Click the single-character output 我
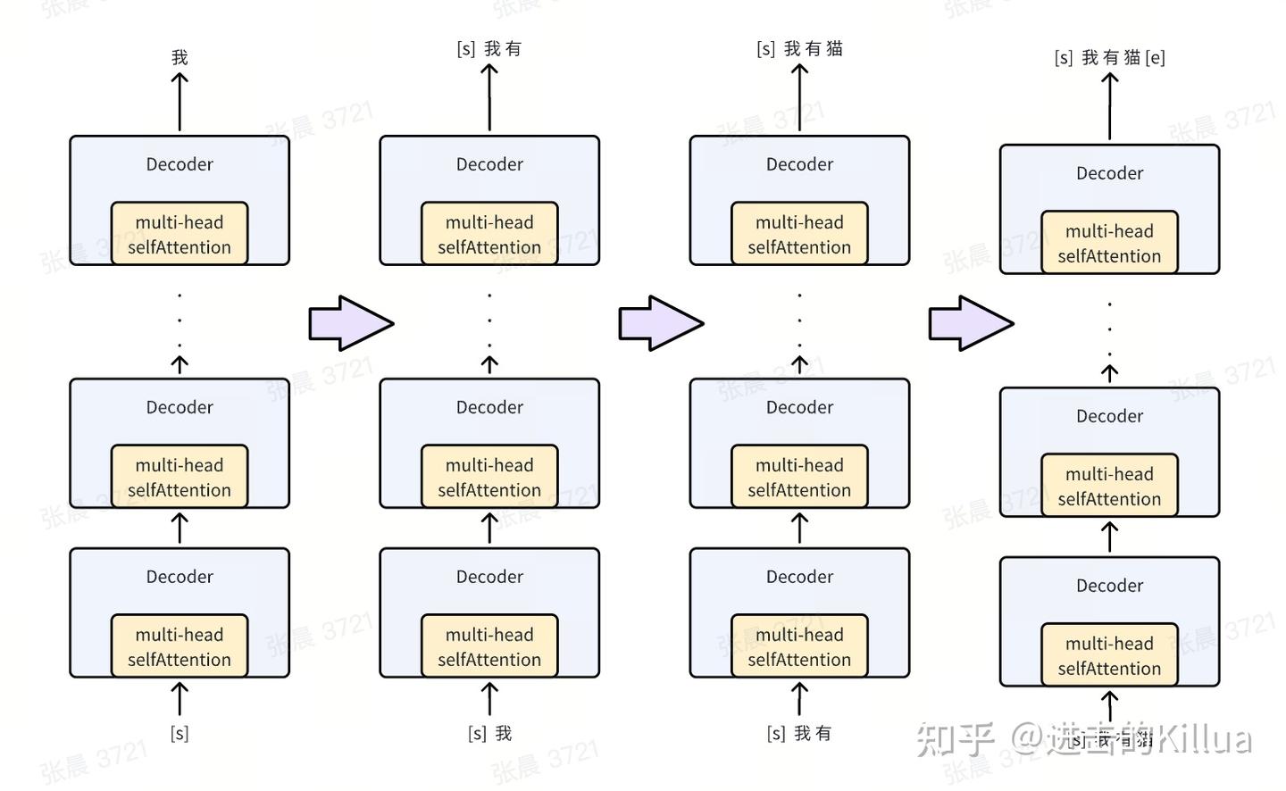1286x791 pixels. click(180, 58)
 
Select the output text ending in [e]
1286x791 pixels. click(1109, 58)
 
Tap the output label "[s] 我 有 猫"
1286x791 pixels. click(799, 49)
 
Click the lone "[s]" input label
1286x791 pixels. click(180, 733)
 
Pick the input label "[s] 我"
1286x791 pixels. click(489, 733)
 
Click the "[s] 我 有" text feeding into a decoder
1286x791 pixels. click(799, 733)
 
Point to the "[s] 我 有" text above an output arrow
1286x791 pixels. click(489, 49)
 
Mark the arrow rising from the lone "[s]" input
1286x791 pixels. click(180, 698)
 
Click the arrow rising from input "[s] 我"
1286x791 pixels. click(489, 698)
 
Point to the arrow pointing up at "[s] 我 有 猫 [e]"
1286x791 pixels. click(1109, 105)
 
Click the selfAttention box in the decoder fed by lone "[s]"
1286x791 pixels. click(180, 646)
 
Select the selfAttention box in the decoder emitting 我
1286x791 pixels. click(180, 234)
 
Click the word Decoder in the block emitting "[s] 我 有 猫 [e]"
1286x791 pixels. click(1109, 173)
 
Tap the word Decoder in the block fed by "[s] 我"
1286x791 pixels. click(489, 577)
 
